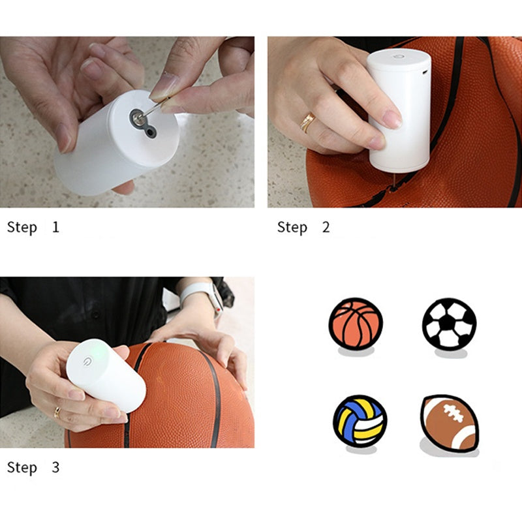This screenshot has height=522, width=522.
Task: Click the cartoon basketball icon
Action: tap(356, 324)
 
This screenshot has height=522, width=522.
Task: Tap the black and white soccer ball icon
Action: tap(449, 324)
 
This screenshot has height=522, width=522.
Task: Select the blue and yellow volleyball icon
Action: tap(360, 421)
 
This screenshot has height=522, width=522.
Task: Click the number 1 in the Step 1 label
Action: tap(55, 227)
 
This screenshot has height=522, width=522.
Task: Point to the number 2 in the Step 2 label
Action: tap(326, 227)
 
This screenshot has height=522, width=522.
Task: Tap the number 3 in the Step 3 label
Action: tap(55, 467)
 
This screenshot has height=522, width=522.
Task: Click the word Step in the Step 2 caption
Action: tap(292, 228)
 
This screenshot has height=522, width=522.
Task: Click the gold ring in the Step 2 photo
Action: tap(307, 122)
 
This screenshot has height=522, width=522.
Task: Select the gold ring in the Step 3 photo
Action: tap(57, 413)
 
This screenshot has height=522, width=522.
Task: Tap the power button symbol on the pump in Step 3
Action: tap(88, 361)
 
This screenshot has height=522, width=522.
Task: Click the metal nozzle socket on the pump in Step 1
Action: tap(136, 117)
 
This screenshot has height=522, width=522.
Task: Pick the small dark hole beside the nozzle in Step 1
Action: tap(151, 132)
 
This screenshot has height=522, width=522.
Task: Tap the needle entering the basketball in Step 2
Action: tap(393, 181)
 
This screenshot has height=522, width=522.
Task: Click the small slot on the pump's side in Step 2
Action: tap(425, 72)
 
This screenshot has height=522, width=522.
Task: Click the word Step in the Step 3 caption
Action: tap(22, 468)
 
